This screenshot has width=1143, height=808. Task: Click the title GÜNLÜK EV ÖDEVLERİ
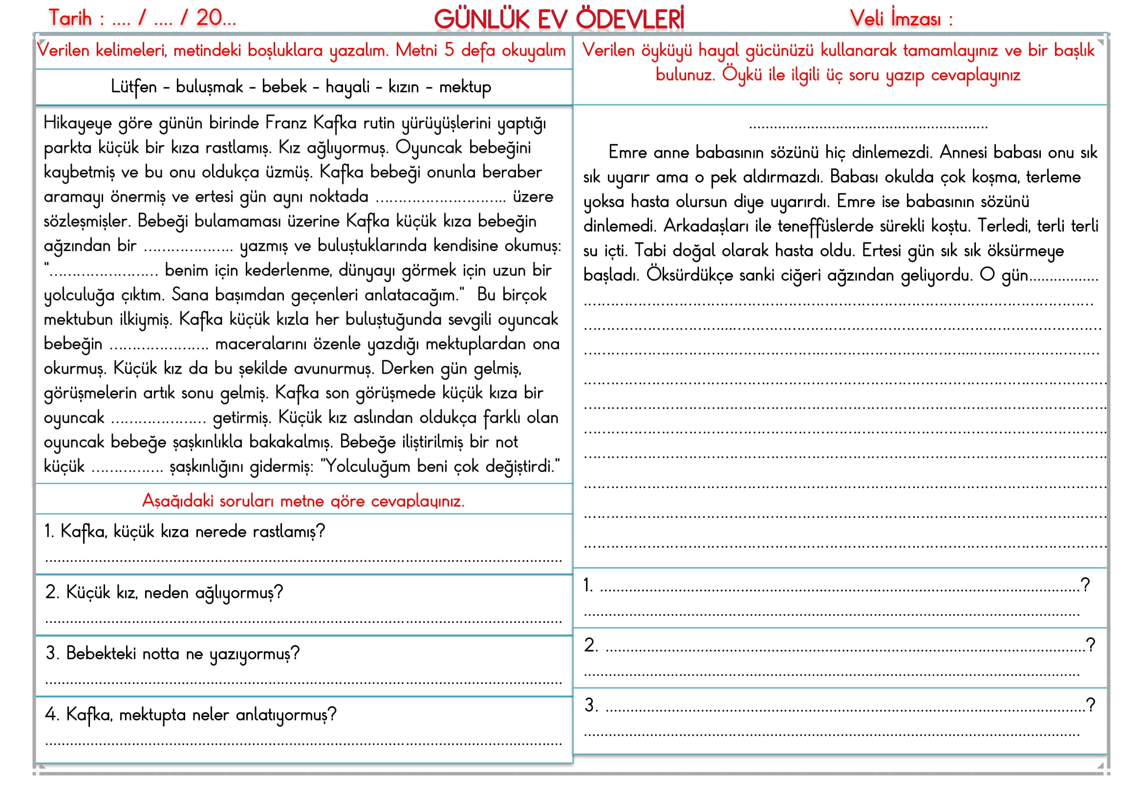(559, 19)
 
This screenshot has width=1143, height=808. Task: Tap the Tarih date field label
(70, 19)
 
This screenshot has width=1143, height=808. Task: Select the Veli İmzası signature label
(901, 19)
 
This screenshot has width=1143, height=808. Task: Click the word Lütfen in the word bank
(133, 87)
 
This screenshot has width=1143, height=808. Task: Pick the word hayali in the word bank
(347, 87)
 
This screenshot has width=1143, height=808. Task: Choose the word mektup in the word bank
(464, 87)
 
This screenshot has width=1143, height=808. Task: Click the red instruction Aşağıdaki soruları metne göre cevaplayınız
(303, 501)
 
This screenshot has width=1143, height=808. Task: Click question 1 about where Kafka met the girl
(184, 532)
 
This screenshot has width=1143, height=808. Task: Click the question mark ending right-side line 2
(1090, 645)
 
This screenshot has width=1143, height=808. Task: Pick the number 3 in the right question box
(590, 705)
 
